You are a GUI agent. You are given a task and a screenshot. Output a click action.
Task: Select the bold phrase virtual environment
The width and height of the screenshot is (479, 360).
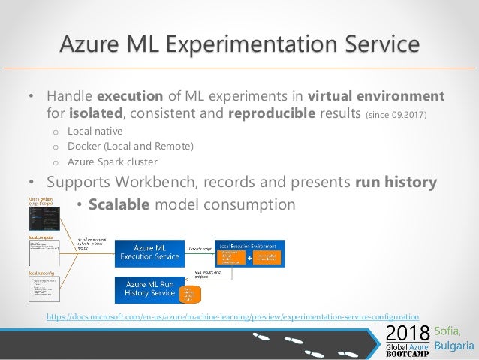[376, 97]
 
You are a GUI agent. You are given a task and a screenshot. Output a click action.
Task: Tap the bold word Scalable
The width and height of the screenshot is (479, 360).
[119, 204]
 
